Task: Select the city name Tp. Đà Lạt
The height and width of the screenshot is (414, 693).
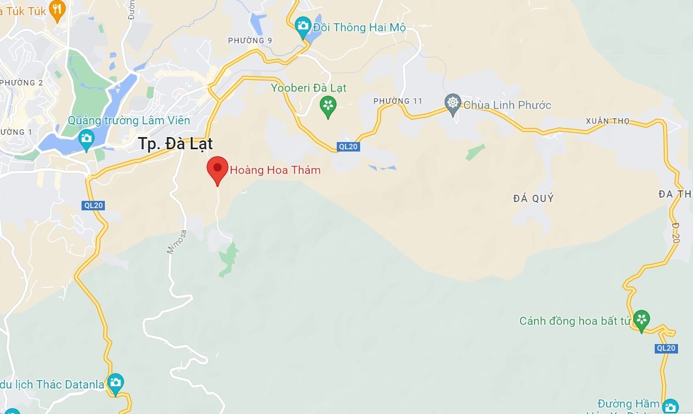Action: [x=175, y=143]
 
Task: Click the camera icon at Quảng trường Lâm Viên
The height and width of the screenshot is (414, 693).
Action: [x=87, y=139]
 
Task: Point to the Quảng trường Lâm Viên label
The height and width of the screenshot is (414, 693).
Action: [x=129, y=120]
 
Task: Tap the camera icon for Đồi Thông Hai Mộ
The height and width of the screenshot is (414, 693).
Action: [x=302, y=26]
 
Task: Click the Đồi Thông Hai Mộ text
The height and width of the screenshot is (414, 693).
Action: [x=359, y=27]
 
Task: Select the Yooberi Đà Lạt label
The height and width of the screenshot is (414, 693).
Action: [x=308, y=88]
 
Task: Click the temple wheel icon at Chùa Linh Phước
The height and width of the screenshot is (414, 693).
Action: [x=453, y=103]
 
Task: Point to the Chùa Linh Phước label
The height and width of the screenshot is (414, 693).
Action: [x=507, y=105]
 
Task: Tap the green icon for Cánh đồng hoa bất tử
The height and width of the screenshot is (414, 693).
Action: [x=641, y=319]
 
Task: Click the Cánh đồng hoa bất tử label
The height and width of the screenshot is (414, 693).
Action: [x=575, y=321]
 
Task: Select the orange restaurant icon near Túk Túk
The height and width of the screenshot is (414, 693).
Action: [x=57, y=9]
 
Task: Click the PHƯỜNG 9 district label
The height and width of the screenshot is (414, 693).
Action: [x=250, y=41]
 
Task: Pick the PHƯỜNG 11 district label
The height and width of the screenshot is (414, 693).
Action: [x=398, y=101]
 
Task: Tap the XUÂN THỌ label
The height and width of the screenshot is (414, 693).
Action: [x=608, y=121]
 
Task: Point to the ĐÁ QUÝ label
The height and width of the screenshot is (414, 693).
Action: [x=533, y=198]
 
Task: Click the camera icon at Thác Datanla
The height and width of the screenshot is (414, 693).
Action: [x=115, y=382]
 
